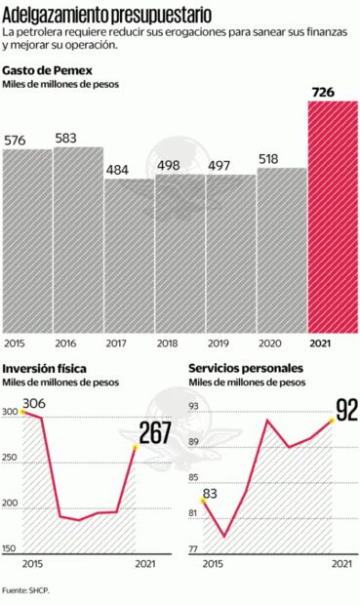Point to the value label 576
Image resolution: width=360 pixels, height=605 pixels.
coord(16,141)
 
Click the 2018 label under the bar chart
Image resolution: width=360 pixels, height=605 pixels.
coord(167,343)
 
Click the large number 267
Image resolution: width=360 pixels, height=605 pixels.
coord(156,431)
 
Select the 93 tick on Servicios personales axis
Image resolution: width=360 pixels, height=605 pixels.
coord(192,406)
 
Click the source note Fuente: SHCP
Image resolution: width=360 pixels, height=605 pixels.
coord(27,589)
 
